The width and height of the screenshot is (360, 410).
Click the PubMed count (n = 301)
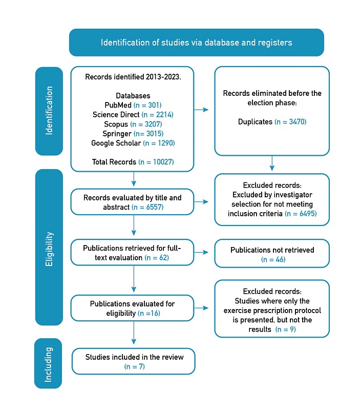pos(147,105)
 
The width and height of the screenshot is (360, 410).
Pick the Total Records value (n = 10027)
pos(156,162)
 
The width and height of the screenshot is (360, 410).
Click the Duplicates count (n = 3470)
pos(290,122)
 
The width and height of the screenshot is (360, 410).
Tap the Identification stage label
pos(49,110)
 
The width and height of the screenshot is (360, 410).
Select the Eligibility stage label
pos(49,251)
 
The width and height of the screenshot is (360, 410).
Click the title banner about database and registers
pos(196,43)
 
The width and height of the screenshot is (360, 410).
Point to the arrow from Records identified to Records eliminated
pos(204,109)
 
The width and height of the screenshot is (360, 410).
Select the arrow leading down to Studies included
pos(134,336)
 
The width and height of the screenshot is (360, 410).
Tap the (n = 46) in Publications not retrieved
pos(272,259)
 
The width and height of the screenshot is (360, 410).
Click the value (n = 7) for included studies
pos(134,366)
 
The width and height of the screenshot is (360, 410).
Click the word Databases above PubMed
pos(133,96)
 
